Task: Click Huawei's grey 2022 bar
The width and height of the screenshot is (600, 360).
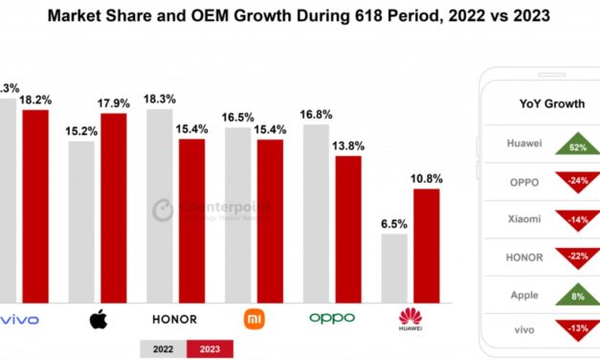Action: pyautogui.click(x=394, y=267)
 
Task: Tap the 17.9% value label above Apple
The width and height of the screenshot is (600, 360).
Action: pyautogui.click(x=115, y=101)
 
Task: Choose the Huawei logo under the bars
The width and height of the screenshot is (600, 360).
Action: pyautogui.click(x=410, y=318)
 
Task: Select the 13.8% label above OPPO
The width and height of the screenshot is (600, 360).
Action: pyautogui.click(x=347, y=145)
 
